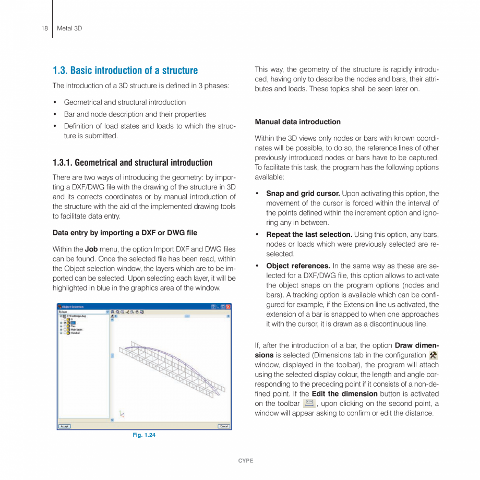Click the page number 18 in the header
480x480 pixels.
[x=44, y=28]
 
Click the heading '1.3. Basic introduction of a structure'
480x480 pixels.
[x=125, y=70]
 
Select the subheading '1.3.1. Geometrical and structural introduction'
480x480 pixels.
[x=133, y=162]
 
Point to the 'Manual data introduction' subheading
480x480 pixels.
[x=297, y=122]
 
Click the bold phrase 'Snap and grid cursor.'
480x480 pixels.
[x=303, y=194]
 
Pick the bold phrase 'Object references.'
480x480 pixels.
[x=298, y=266]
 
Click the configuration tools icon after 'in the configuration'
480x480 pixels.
[x=433, y=355]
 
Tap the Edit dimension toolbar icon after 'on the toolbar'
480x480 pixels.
[x=309, y=403]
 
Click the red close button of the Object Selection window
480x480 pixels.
[x=228, y=307]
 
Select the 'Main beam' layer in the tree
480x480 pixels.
[x=76, y=329]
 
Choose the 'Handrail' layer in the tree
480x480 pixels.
[x=75, y=332]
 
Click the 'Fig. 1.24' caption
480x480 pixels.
[x=144, y=435]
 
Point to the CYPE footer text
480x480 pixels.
[x=245, y=461]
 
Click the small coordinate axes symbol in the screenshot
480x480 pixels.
[x=122, y=414]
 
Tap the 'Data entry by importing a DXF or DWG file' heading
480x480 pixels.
[x=125, y=232]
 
